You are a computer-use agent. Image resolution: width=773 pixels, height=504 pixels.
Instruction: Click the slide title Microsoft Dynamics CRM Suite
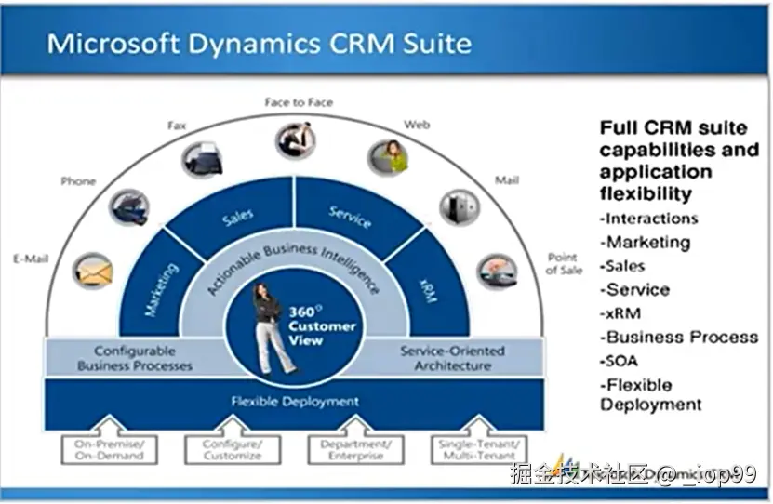click(259, 43)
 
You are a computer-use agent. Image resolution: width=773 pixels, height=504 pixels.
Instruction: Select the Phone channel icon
click(127, 206)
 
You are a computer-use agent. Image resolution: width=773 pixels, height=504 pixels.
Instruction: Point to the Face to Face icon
click(296, 140)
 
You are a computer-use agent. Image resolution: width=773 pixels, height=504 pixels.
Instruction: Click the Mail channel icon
click(459, 206)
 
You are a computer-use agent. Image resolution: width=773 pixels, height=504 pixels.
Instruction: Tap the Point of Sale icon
click(497, 271)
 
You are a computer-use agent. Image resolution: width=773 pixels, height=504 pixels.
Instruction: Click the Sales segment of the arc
click(238, 217)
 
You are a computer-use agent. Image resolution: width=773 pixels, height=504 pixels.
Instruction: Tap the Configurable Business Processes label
click(134, 358)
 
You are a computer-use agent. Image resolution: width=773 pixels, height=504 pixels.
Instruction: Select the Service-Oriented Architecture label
click(452, 358)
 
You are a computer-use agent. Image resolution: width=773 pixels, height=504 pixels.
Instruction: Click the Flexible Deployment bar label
click(294, 402)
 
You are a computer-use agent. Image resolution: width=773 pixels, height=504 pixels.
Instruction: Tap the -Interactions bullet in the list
click(648, 219)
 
